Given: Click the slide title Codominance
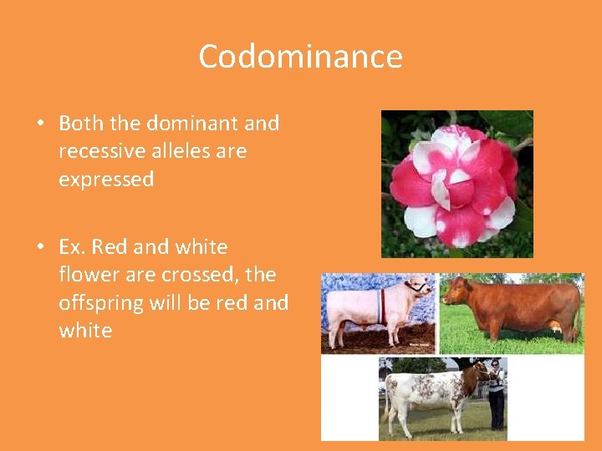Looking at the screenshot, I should pos(300,57).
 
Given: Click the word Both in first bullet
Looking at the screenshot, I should pos(81,124).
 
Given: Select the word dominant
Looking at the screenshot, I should pos(192,124).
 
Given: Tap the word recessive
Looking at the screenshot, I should pos(98,151).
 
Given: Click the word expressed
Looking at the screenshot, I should pos(106,180).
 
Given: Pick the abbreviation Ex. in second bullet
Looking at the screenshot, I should pos(73,247).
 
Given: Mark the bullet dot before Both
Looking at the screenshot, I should pos(40,124).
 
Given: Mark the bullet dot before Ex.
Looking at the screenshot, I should pos(40,248).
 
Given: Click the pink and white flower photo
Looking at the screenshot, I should pos(457,183).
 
